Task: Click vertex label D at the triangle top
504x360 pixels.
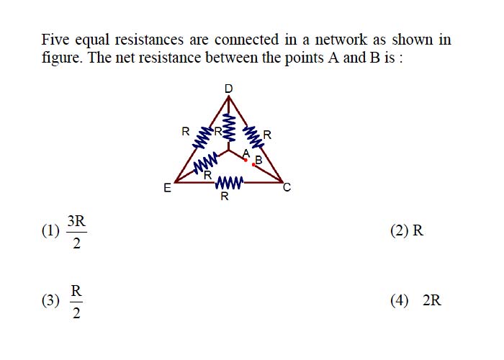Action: [x=228, y=89]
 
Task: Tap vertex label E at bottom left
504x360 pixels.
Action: [x=167, y=188]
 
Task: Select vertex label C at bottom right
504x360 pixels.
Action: [x=287, y=187]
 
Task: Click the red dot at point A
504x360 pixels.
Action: [x=246, y=160]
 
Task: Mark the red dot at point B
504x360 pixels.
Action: [x=253, y=165]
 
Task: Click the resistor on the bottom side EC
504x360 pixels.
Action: [x=229, y=183]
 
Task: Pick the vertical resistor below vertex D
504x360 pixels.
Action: [x=228, y=127]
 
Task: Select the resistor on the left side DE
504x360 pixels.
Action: [x=202, y=138]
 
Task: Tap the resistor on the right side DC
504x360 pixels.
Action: [x=253, y=138]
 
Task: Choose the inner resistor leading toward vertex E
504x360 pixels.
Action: [x=205, y=163]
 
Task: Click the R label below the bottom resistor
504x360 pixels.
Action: [x=225, y=196]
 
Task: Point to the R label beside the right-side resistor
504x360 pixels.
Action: [x=267, y=135]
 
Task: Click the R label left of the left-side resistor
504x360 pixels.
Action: [x=186, y=132]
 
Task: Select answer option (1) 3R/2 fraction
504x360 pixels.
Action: [x=76, y=232]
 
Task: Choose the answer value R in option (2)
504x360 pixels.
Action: [x=418, y=231]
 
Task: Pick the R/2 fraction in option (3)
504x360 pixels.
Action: [x=76, y=302]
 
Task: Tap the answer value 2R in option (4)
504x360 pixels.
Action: [x=432, y=300]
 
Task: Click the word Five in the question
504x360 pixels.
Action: [x=55, y=40]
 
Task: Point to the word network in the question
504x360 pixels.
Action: [x=341, y=40]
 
